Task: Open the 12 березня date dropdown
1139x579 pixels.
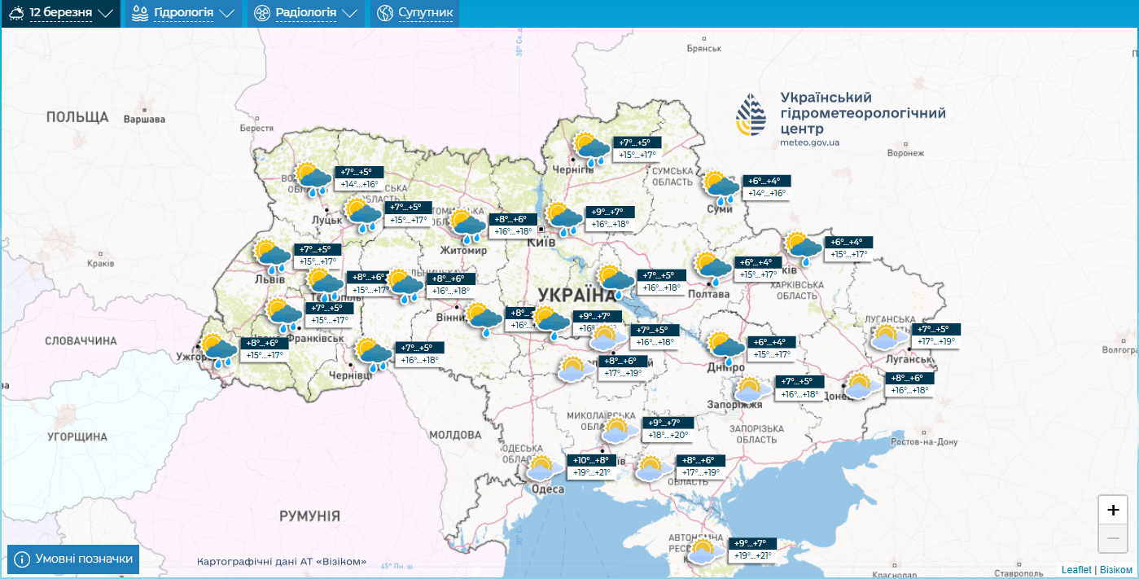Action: click(61, 14)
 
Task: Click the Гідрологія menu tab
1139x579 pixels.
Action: click(182, 14)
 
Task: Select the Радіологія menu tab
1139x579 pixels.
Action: click(306, 14)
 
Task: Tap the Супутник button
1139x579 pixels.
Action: click(415, 14)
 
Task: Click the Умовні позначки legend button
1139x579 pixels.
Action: click(73, 559)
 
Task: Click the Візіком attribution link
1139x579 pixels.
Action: click(1115, 570)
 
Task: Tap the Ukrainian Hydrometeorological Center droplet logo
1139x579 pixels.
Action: click(751, 115)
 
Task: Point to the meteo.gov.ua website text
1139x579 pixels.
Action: click(809, 143)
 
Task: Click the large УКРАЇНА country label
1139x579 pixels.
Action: click(576, 295)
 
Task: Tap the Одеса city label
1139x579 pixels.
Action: click(548, 489)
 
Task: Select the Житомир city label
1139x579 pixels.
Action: click(462, 250)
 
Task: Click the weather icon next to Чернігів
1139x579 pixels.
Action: click(591, 148)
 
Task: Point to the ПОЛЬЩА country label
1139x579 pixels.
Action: click(77, 116)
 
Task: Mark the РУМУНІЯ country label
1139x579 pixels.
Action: click(309, 515)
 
